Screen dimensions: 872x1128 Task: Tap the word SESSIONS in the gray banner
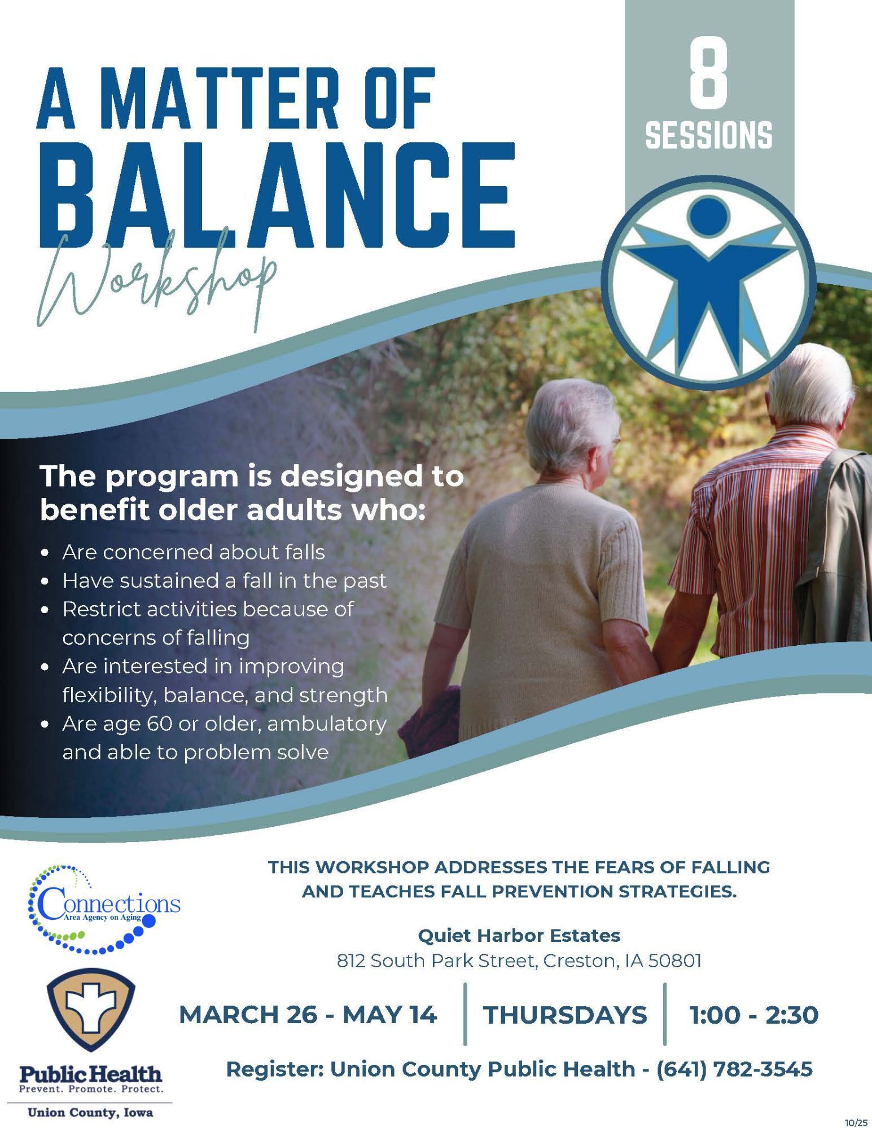click(709, 135)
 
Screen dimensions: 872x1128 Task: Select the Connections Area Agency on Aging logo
click(104, 909)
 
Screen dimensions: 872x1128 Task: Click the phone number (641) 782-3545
click(734, 1069)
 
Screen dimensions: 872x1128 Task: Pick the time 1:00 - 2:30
click(754, 1015)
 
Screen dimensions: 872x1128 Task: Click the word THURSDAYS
click(565, 1015)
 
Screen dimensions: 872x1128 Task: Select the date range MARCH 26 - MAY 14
click(308, 1015)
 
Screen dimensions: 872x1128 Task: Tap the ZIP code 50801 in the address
click(675, 960)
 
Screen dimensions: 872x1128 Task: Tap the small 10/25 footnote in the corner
click(857, 1122)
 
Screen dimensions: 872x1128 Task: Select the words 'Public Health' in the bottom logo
click(91, 1072)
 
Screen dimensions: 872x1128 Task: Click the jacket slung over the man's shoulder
click(835, 558)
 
